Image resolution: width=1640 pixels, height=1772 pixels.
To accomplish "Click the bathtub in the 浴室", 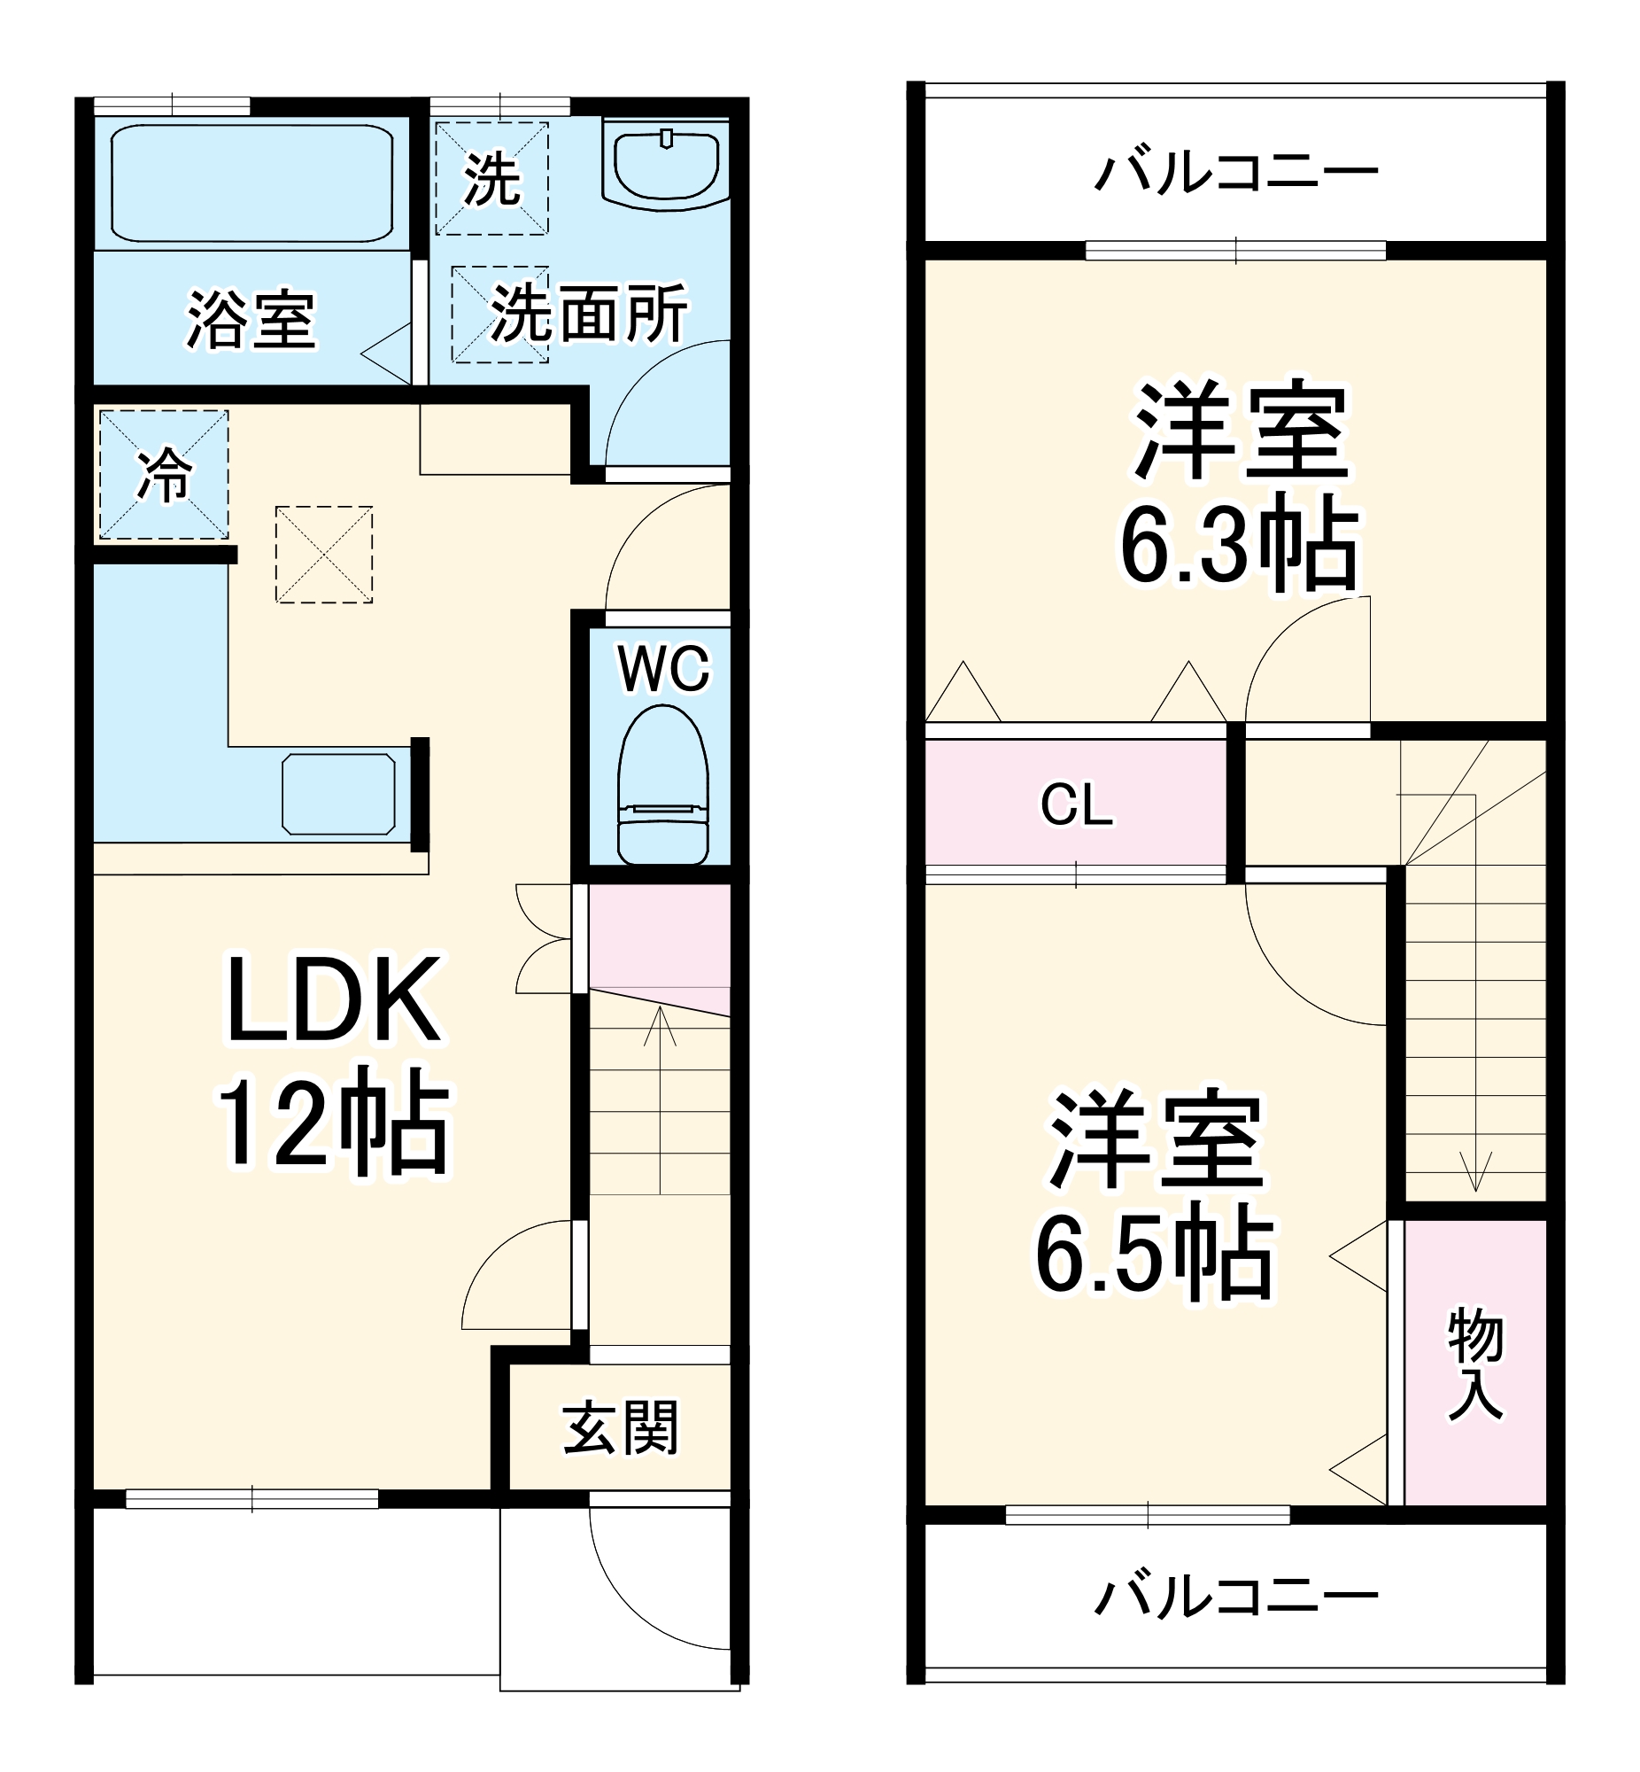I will [x=252, y=183].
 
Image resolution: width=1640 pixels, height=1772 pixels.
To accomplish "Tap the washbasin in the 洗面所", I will [x=666, y=166].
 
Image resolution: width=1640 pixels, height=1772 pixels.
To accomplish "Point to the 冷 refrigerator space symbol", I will [x=164, y=474].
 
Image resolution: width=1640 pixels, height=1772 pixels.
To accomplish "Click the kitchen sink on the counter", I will [x=339, y=794].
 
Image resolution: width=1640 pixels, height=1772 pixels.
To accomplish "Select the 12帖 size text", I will [x=334, y=1126].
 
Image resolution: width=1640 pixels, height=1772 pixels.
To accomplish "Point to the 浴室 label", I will [x=251, y=320].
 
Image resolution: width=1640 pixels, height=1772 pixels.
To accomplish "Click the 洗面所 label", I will [x=589, y=313].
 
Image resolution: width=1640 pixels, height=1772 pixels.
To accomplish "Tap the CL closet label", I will [x=1076, y=804].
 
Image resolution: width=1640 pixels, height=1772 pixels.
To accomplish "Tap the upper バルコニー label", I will [x=1236, y=171].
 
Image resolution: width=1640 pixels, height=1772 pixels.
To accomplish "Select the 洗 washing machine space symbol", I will [x=491, y=178].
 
